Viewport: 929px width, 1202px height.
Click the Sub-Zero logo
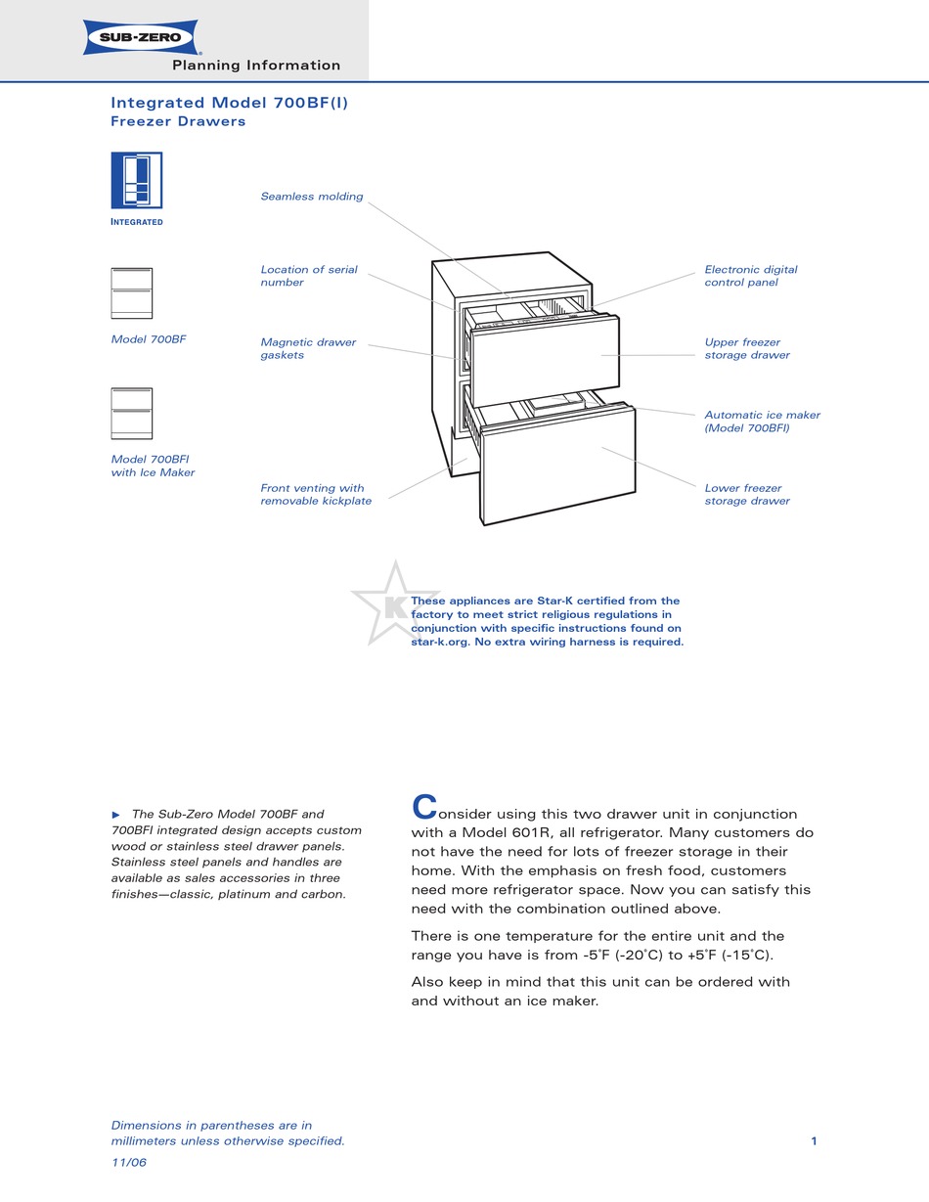click(x=142, y=37)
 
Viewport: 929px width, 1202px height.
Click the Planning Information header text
click(x=256, y=66)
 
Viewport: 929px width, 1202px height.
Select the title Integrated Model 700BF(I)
click(x=229, y=103)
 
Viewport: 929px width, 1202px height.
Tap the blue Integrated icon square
click(x=136, y=180)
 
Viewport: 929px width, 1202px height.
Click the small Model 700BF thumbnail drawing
click(x=132, y=293)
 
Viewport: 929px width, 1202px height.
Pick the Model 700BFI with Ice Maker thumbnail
click(x=132, y=414)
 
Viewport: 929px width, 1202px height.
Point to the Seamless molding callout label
click(x=311, y=197)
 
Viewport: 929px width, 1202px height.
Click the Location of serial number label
click(x=309, y=276)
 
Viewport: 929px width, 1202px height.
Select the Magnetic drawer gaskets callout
click(x=308, y=349)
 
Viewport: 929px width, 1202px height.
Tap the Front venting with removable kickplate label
click(x=316, y=495)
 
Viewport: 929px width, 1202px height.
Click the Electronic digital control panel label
click(x=750, y=276)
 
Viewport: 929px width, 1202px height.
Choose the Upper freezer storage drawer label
click(x=747, y=349)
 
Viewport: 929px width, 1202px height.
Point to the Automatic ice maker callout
click(x=762, y=422)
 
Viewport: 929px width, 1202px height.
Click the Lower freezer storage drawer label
click(x=747, y=495)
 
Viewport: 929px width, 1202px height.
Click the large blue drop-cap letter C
click(x=423, y=807)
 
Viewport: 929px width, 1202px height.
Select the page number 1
click(x=814, y=1140)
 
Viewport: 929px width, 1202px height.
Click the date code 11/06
click(x=129, y=1163)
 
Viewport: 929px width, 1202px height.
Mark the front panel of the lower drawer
click(x=558, y=465)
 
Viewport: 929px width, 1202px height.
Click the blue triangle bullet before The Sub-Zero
click(x=116, y=814)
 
